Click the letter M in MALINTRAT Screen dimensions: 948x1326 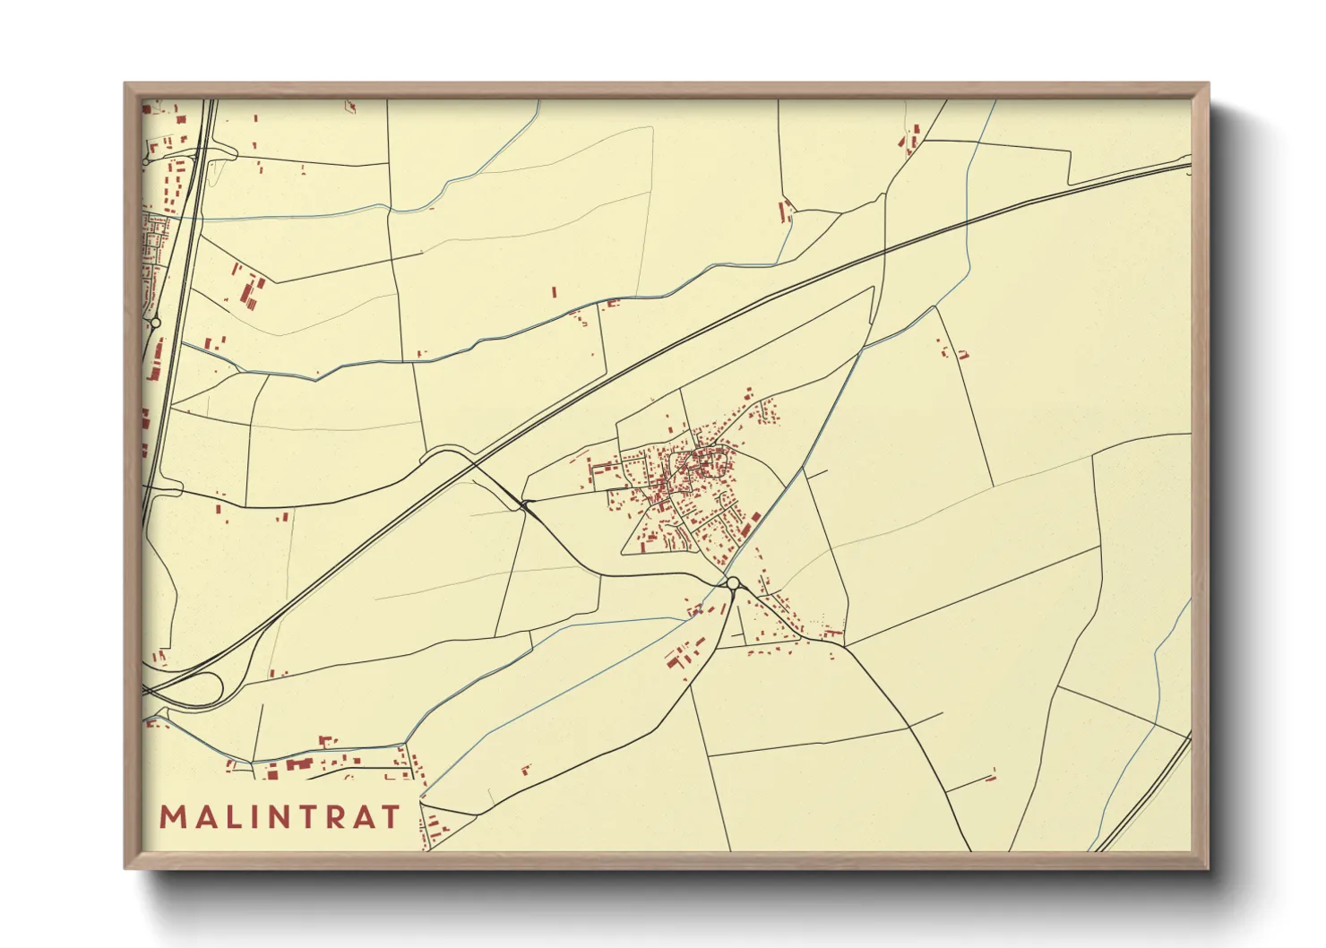172,817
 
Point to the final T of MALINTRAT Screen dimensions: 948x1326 391,817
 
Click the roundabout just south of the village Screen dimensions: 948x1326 733,584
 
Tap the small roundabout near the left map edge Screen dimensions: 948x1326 156,322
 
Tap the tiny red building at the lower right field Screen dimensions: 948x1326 991,776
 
